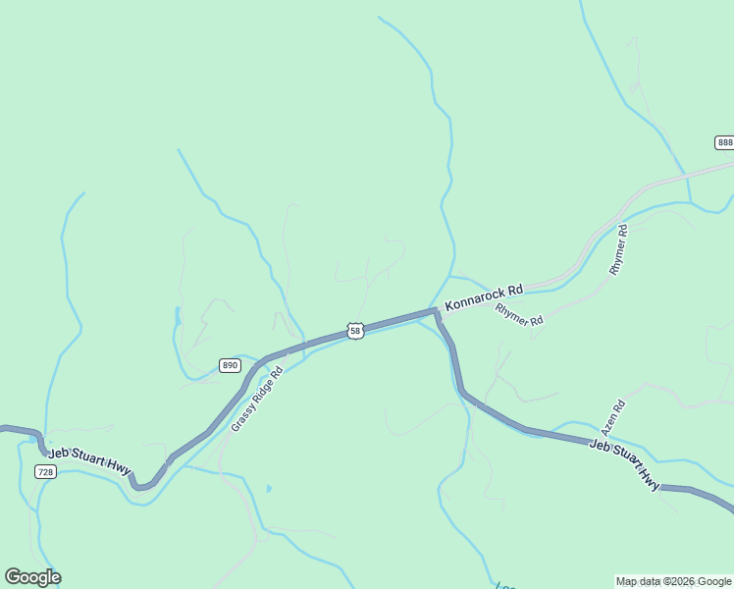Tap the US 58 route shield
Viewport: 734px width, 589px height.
point(355,331)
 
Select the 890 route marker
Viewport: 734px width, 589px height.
point(230,365)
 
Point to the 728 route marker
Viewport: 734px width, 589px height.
point(46,472)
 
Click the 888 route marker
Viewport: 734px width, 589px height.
point(724,142)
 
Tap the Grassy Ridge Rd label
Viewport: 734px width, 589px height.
point(257,400)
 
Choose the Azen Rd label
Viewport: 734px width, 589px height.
point(612,418)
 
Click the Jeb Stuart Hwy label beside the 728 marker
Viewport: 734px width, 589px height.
point(89,461)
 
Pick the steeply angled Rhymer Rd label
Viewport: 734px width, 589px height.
point(618,249)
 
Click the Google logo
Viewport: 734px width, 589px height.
point(32,577)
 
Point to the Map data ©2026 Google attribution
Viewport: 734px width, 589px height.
point(674,582)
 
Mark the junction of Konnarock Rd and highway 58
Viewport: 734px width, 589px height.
point(436,311)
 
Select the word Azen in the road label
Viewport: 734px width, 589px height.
point(609,424)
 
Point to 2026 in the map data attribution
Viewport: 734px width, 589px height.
point(681,582)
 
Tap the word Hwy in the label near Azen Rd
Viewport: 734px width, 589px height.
point(650,478)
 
